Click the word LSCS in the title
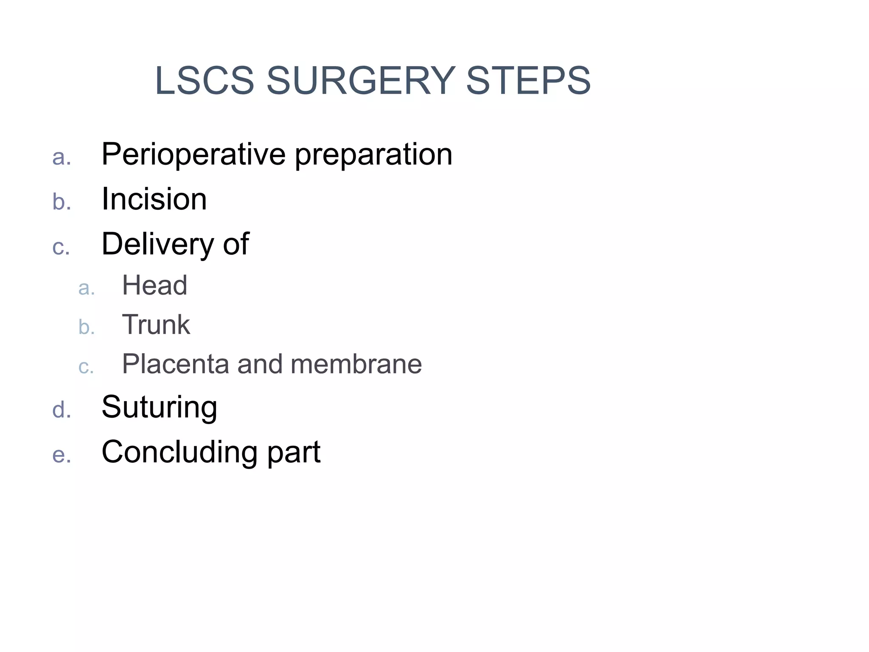coord(205,81)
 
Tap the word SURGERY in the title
coord(361,81)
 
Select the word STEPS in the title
coord(528,81)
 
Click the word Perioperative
coord(193,155)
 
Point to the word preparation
coord(373,155)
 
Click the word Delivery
coord(157,244)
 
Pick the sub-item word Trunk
coord(156,325)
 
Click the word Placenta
coord(175,364)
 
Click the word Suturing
coord(160,407)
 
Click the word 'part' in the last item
coord(294,452)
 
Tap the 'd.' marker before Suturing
coord(62,410)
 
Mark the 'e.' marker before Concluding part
coord(62,455)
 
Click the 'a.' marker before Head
coord(87,288)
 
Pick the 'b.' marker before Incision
coord(62,202)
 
